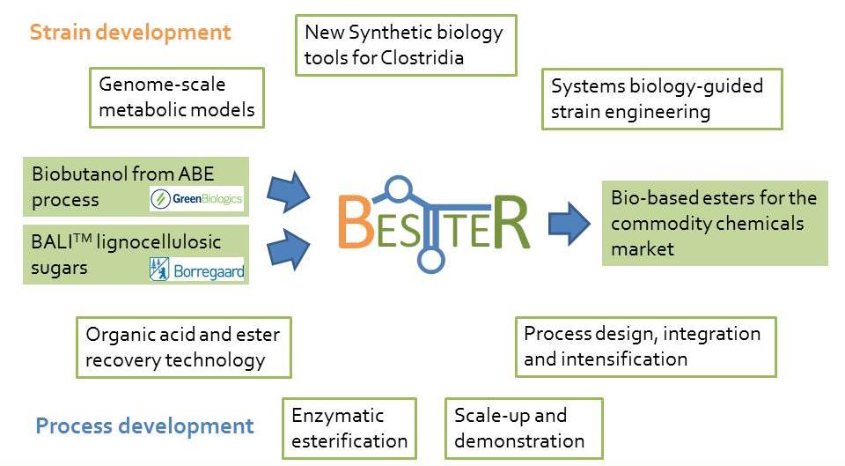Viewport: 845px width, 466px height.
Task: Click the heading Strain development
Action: coord(130,33)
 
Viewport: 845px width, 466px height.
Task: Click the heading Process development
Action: coord(144,426)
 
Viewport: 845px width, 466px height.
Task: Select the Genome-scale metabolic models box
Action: coord(177,98)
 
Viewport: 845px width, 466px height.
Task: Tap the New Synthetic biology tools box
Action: coord(407,45)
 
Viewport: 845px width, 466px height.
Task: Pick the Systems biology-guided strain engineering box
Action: coord(662,100)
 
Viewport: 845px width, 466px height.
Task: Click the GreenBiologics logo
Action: coord(196,199)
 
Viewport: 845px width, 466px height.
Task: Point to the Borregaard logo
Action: coord(196,270)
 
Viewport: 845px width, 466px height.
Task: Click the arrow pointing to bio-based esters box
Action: coord(569,223)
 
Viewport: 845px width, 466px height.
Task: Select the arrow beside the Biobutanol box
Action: coord(289,192)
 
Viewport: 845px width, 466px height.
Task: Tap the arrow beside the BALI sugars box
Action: coord(289,249)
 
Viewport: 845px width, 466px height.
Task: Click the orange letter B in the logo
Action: coord(356,222)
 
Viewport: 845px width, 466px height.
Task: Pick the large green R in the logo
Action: coord(511,222)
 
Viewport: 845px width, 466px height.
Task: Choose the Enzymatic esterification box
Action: coord(349,429)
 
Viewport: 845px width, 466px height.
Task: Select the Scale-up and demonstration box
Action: coord(524,429)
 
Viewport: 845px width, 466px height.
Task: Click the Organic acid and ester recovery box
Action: coord(184,347)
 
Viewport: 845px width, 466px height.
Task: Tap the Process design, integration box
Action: coord(645,347)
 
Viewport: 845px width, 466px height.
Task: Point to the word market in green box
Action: coord(643,249)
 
